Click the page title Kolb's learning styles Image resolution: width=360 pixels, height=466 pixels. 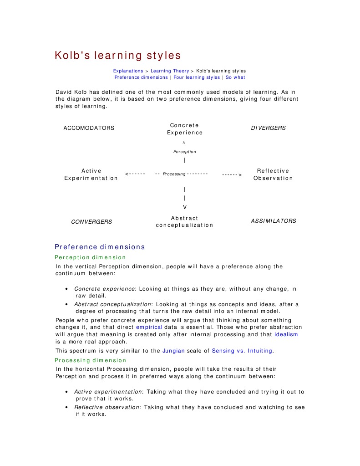click(118, 56)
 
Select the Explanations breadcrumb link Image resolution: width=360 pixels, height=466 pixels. click(128, 71)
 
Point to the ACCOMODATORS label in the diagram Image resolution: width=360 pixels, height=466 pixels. click(89, 128)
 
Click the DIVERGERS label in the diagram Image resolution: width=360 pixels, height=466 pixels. click(269, 128)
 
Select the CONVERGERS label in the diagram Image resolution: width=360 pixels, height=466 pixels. click(91, 222)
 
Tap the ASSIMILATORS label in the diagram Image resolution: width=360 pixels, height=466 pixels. click(274, 221)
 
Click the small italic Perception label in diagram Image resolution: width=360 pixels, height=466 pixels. click(184, 152)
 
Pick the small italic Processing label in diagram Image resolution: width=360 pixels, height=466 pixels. click(174, 174)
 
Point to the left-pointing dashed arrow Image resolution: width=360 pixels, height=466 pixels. click(135, 174)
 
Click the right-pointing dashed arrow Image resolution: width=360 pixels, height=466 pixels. click(232, 174)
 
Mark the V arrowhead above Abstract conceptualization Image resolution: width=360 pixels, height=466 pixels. click(184, 207)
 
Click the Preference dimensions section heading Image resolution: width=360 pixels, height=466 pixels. click(100, 247)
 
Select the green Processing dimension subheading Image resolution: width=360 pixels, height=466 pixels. click(91, 360)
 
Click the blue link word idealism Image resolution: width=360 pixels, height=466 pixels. click(286, 334)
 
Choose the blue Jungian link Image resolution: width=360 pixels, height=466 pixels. click(172, 351)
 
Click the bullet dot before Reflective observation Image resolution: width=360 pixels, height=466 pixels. click(67, 408)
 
